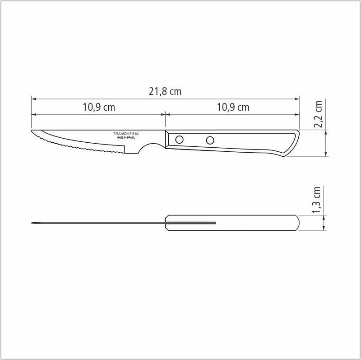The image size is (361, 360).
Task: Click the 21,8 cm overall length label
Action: point(165,91)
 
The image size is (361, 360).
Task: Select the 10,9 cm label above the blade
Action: point(98,108)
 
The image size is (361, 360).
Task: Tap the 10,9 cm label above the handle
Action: point(232,108)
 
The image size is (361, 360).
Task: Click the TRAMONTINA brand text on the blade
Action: point(125,134)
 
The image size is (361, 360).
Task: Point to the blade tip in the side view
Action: point(32,132)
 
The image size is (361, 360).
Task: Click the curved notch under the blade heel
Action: point(149,150)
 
